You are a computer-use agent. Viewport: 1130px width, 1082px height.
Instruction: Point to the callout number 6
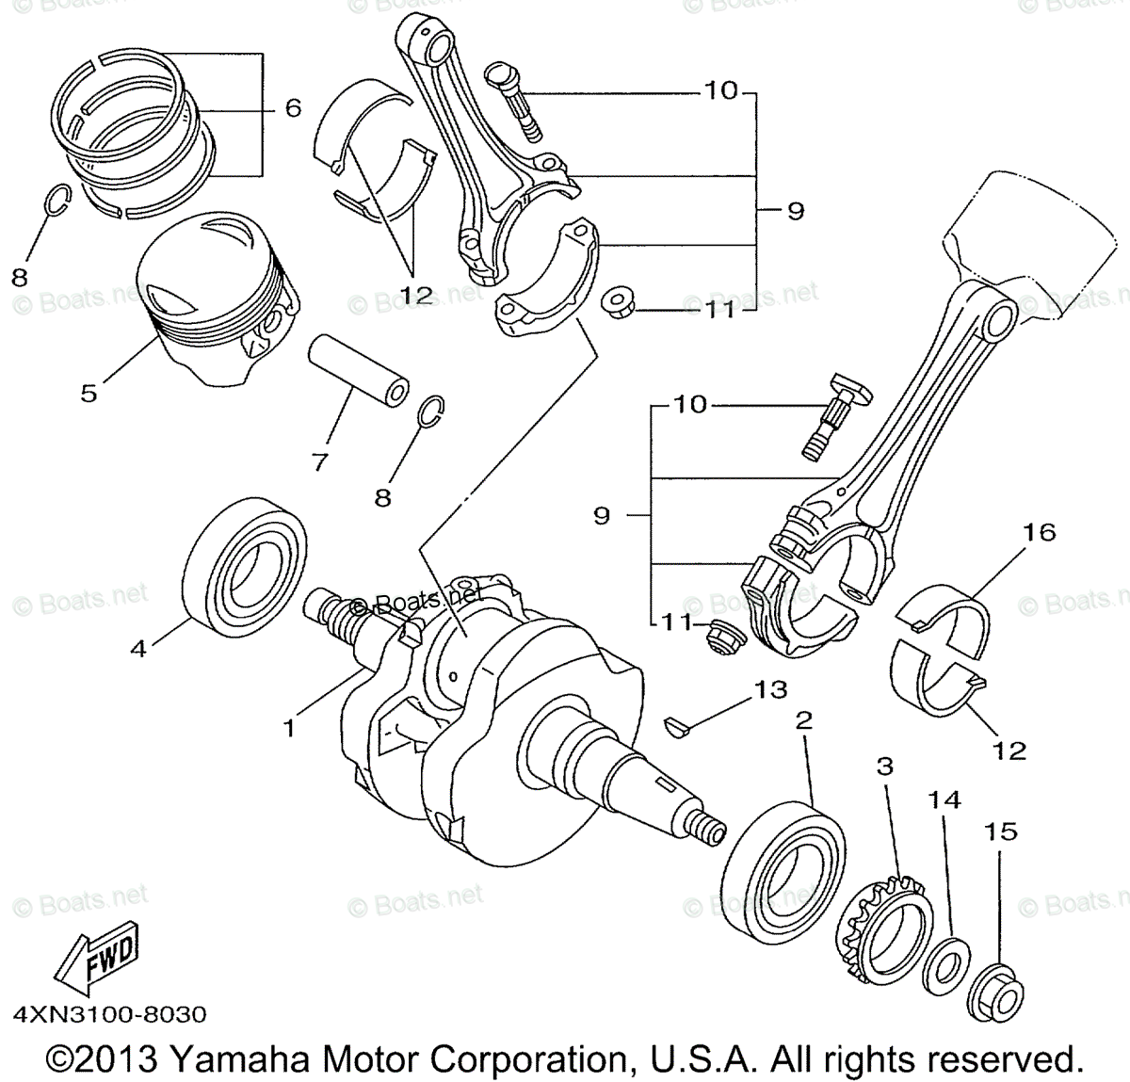point(293,108)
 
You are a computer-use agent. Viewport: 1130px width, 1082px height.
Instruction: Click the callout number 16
point(1040,533)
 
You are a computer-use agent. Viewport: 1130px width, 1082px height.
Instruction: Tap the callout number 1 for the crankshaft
point(290,728)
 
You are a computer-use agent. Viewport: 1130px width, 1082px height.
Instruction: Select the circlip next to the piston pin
point(432,410)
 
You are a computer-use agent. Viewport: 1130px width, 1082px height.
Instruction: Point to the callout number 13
point(769,689)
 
